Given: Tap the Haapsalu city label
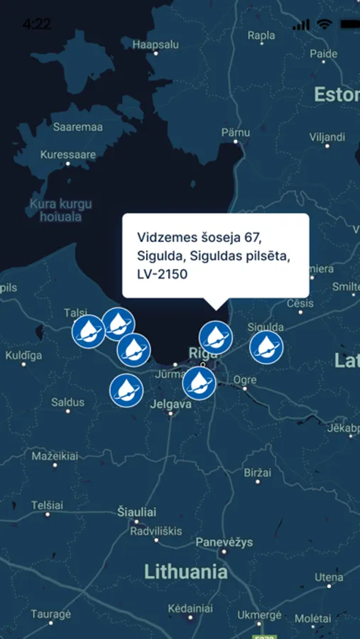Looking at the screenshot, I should (x=156, y=44).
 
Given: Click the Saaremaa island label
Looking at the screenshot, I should (x=78, y=127).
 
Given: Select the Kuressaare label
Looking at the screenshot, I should (x=68, y=154).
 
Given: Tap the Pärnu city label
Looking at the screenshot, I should (x=235, y=132).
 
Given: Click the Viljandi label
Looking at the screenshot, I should (x=327, y=136).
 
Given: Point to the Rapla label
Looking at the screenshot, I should (x=261, y=35).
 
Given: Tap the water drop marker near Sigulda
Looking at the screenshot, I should (x=266, y=347).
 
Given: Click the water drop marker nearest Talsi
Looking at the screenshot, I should (x=89, y=331).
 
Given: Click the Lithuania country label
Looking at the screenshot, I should (x=186, y=572).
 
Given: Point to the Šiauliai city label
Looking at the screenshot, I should (x=136, y=511).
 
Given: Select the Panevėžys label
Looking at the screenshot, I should (x=224, y=542).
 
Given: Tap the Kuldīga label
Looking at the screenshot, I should (x=23, y=355).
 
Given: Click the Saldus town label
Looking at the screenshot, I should (x=67, y=402).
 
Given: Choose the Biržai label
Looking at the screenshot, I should (x=258, y=472).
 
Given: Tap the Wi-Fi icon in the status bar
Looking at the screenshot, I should (x=324, y=24).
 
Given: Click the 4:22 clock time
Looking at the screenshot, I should (x=36, y=24).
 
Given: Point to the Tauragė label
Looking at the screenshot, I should (x=51, y=614).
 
